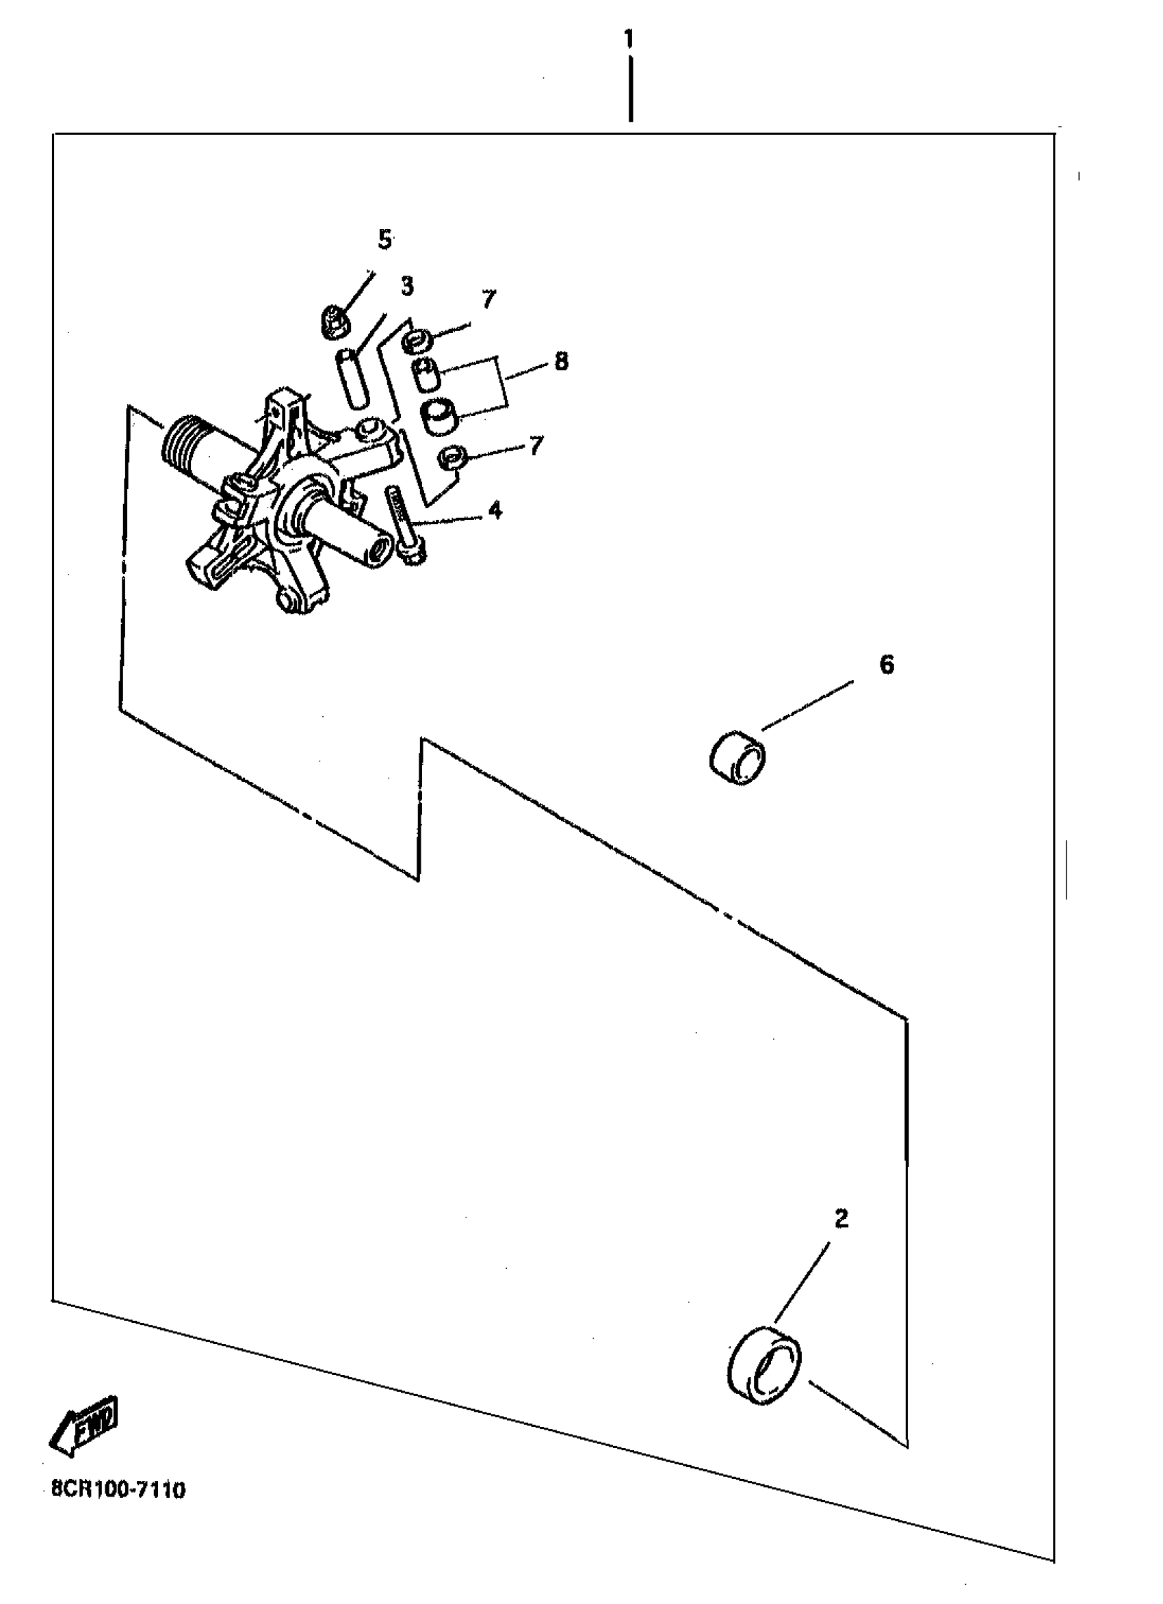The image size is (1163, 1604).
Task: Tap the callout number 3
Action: pos(407,286)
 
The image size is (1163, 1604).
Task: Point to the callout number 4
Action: pos(495,509)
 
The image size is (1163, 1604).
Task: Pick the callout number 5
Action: pos(384,240)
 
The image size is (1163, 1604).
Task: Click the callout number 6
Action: pos(887,664)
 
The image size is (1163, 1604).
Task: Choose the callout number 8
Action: pos(561,361)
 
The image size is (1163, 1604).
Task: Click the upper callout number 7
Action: pos(489,299)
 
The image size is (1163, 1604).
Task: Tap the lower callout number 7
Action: pos(536,445)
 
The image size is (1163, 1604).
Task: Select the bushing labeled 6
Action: pos(738,759)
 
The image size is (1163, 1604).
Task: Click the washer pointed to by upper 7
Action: pos(418,341)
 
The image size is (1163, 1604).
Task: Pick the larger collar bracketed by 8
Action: pos(439,418)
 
